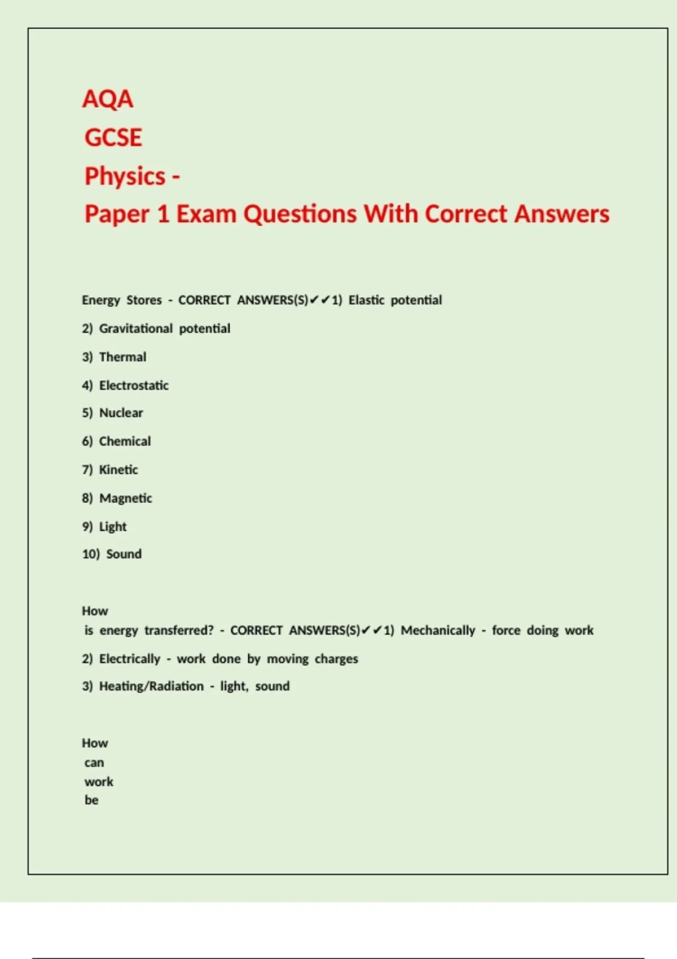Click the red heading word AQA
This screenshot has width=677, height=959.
pos(108,99)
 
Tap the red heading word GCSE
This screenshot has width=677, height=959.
pos(113,138)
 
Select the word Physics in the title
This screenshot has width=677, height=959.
pos(125,177)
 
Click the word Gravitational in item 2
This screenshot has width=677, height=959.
pos(136,328)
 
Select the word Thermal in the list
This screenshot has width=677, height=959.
pos(122,357)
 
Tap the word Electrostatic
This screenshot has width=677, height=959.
pos(134,386)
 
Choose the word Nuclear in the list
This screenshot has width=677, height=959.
pos(121,413)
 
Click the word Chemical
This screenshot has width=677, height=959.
pos(125,441)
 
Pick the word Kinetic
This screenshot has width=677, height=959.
pos(118,470)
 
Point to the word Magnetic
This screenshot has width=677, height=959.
pos(125,499)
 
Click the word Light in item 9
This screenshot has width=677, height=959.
pos(113,527)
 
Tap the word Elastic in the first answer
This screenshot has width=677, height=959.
pos(366,300)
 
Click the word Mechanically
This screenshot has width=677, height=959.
pos(438,631)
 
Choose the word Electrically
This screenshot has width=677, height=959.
pos(130,659)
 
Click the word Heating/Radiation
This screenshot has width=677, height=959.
pos(151,687)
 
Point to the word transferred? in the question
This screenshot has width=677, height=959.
pos(179,631)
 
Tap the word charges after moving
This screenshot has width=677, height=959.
pos(336,659)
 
